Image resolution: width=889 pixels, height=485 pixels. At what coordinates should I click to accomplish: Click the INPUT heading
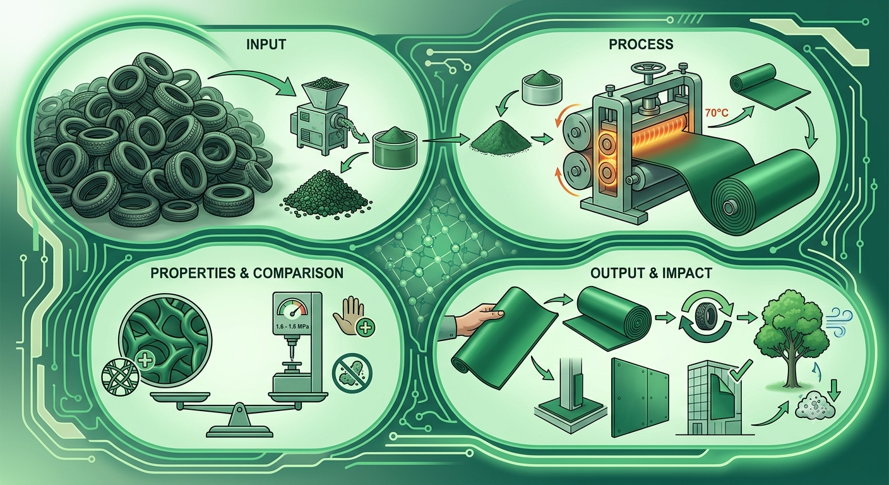[266, 44]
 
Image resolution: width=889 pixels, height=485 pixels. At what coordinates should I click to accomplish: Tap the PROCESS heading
[641, 44]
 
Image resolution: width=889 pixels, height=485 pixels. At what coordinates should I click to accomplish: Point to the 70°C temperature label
[717, 113]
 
